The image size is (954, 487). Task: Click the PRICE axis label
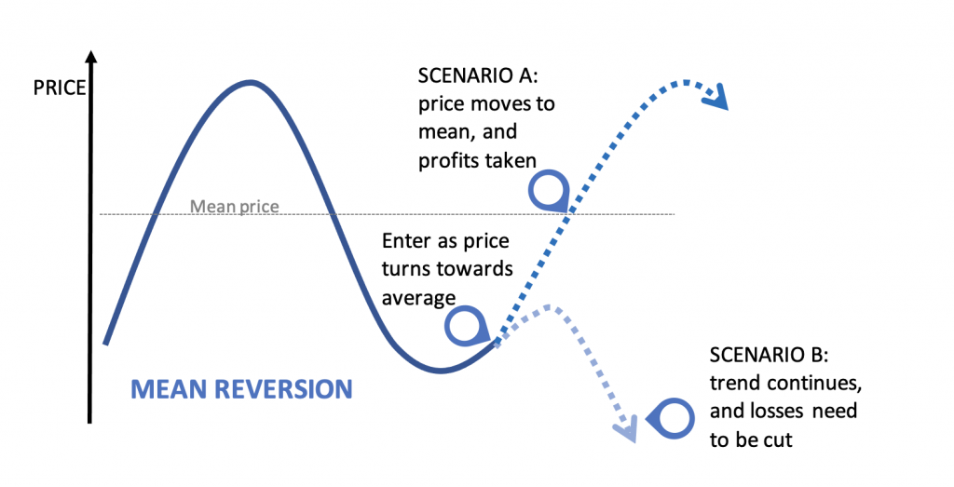60,89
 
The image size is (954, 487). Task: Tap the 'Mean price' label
234,206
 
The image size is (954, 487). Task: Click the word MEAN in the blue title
167,388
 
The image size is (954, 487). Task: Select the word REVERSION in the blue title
280,388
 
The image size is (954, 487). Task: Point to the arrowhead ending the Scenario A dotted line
717,97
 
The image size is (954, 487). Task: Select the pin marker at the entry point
465,325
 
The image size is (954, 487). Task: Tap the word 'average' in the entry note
418,297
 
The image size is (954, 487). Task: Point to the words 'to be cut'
751,439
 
